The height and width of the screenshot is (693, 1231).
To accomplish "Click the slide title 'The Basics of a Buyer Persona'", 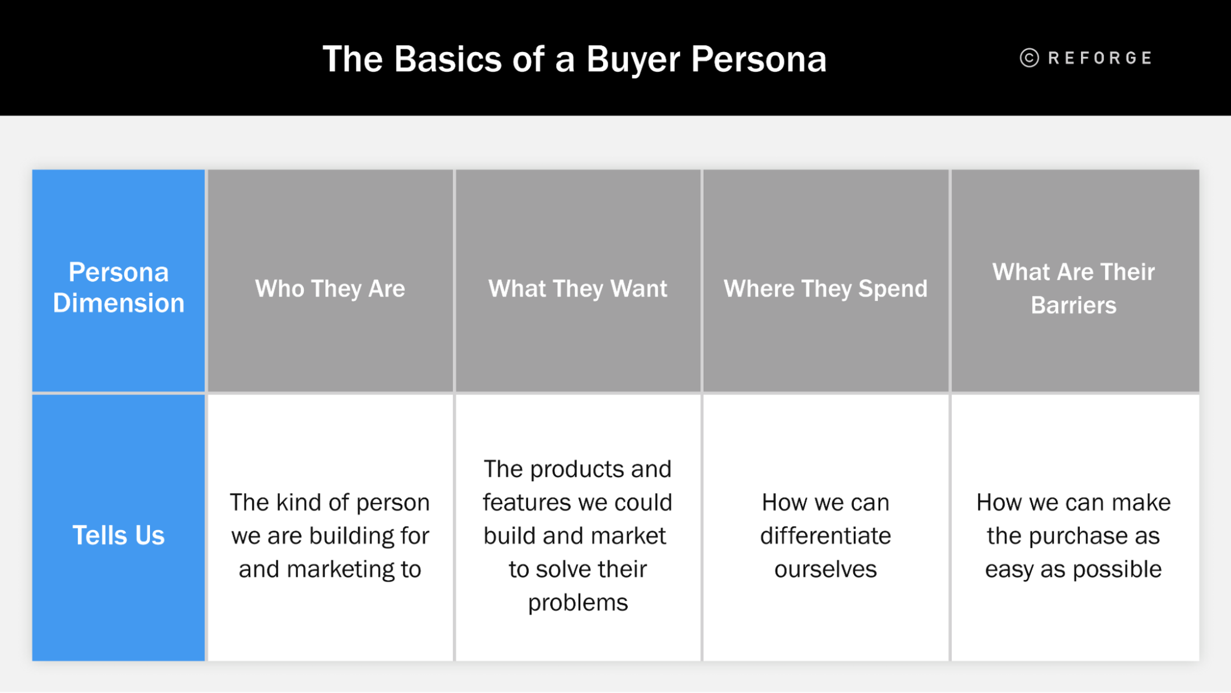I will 574,59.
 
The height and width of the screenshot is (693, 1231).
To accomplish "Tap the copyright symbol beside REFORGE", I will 1029,58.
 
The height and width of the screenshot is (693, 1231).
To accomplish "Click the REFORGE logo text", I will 1100,58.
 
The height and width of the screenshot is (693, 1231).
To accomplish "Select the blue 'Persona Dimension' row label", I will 119,287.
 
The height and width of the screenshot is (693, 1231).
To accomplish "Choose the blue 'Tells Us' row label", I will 119,535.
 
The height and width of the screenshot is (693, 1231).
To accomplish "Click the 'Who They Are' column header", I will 330,289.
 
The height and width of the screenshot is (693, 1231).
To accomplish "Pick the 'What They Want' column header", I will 577,289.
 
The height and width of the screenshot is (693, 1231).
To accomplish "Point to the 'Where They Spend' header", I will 825,289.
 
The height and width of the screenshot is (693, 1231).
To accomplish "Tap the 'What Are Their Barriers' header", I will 1073,288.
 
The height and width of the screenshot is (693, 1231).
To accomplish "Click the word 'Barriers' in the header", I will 1073,306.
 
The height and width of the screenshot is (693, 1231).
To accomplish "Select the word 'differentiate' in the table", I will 825,536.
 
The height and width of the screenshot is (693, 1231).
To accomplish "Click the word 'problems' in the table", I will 577,603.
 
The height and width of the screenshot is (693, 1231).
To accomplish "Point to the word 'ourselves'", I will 825,569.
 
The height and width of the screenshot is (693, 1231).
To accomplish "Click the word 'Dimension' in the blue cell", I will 119,303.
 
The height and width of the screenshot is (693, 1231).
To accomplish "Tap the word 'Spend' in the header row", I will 892,289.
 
